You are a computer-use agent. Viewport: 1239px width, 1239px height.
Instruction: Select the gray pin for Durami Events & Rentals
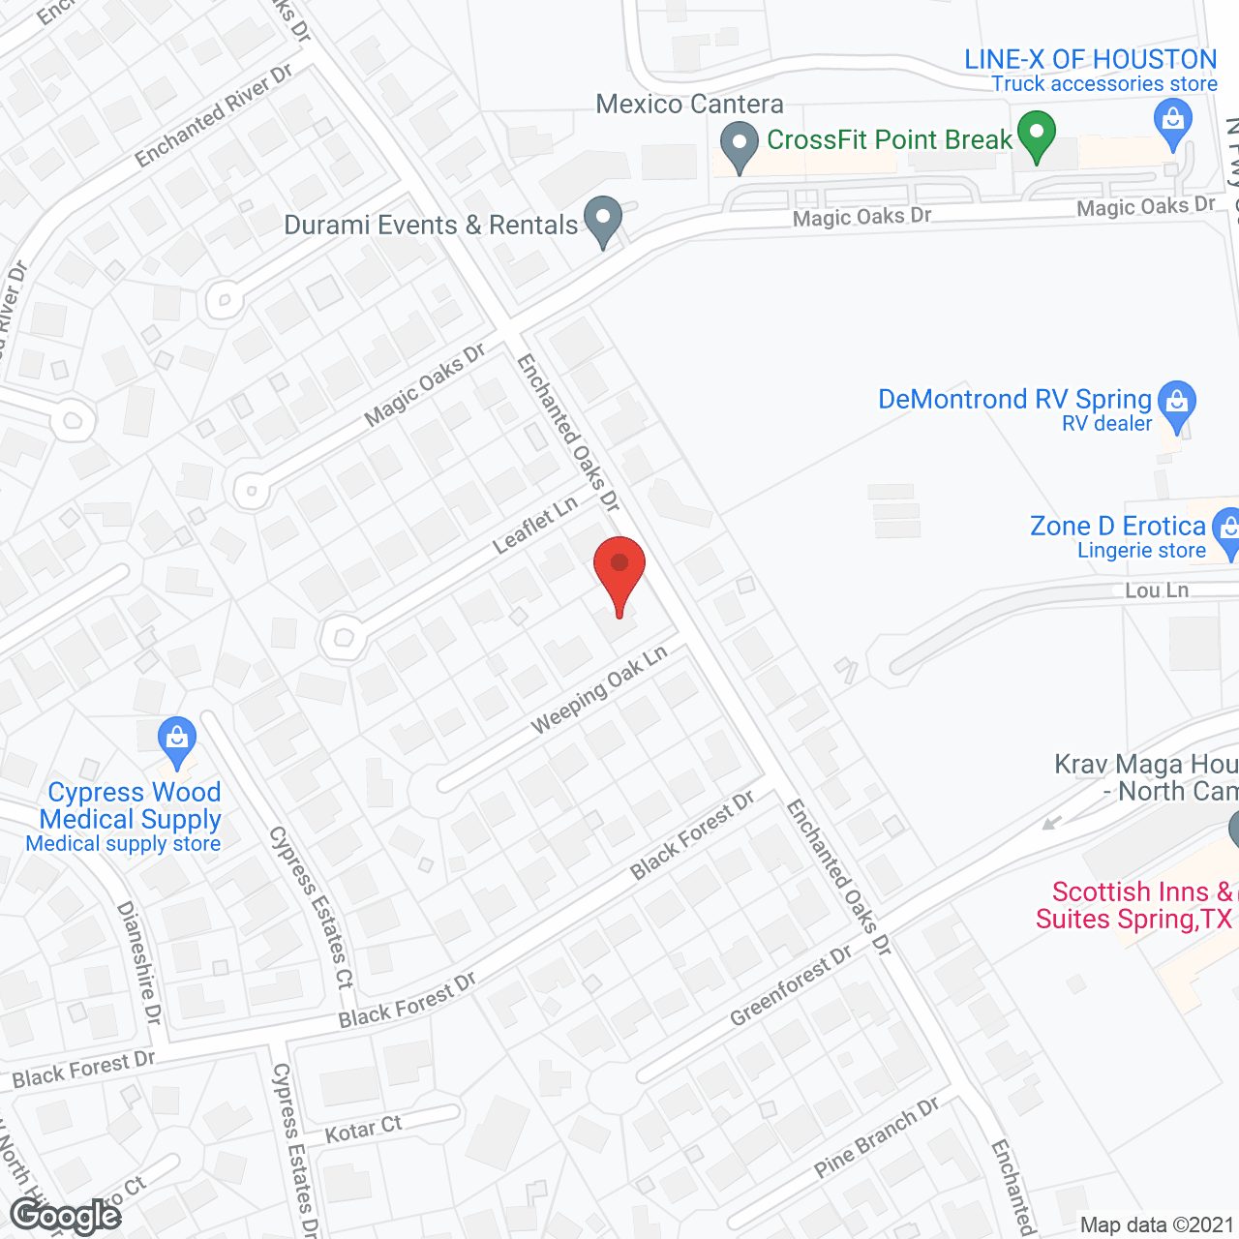pos(603,220)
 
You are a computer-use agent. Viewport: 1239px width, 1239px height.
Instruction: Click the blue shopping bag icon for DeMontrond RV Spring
pos(1177,404)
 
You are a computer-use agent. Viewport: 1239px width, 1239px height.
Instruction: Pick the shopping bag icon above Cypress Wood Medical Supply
pos(176,740)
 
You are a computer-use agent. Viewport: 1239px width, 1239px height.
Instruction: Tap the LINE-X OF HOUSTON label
pos(1090,60)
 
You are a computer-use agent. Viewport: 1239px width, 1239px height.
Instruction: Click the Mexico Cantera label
pos(689,105)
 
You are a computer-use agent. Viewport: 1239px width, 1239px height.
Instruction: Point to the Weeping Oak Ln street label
pos(599,689)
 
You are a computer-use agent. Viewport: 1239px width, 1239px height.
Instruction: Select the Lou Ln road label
pos(1157,590)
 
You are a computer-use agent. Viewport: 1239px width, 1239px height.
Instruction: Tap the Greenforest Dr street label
pos(791,985)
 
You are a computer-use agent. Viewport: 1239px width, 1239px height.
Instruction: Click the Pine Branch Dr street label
pos(876,1138)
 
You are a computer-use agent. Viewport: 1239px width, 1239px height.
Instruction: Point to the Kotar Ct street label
pos(363,1129)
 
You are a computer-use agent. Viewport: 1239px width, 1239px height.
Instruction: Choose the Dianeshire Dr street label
pos(139,962)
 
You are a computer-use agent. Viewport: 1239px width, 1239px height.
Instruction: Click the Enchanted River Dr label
pos(213,116)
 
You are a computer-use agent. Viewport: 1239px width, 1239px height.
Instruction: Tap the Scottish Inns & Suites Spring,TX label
pos(1134,905)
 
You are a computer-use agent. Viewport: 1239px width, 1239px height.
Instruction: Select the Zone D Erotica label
pos(1117,527)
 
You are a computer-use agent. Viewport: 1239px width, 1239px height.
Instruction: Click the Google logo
pos(65,1216)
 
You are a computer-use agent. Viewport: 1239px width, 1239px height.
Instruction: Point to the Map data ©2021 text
pos(1157,1225)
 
